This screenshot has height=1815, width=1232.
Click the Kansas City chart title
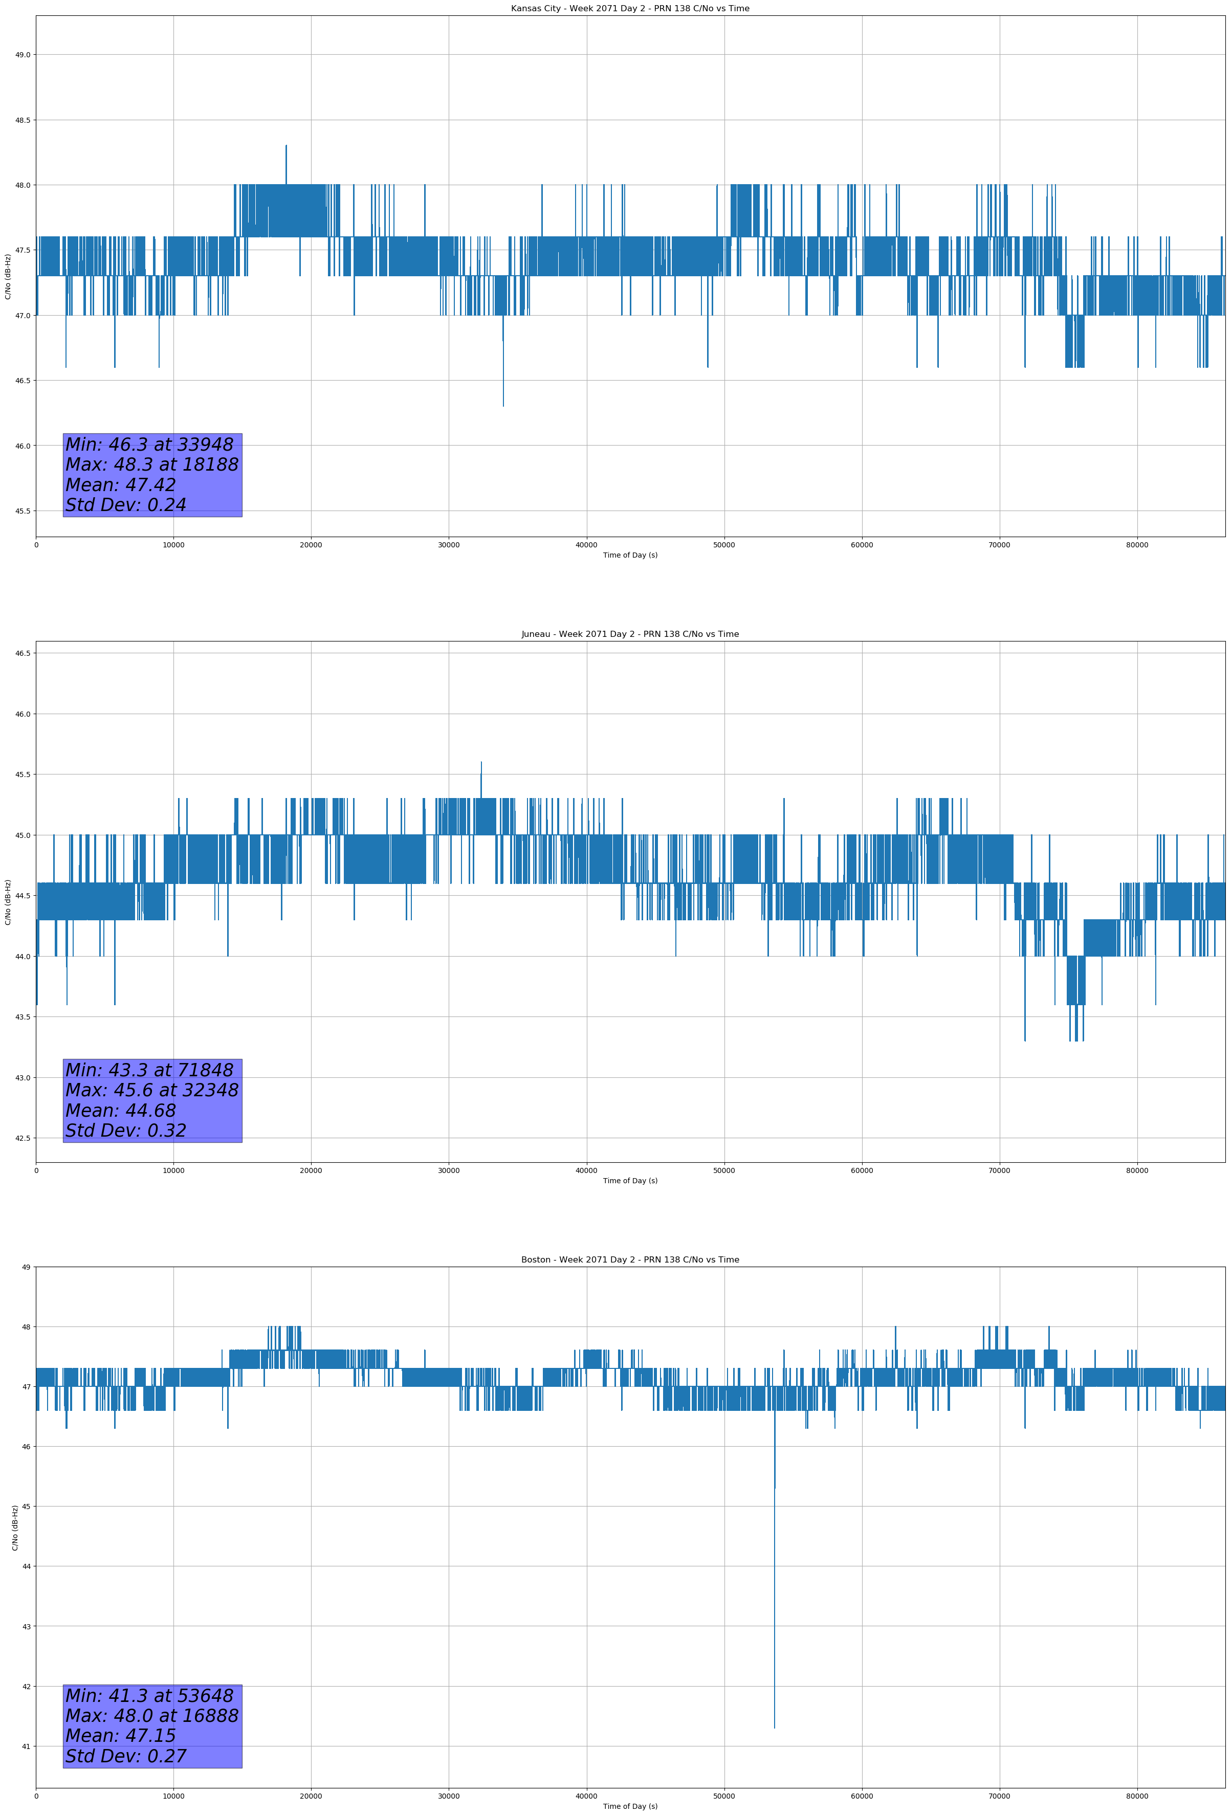pos(630,9)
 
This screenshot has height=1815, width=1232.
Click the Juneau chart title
pos(630,634)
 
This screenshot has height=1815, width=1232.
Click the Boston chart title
pos(630,1260)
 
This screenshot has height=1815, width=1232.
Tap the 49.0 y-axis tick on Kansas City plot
pos(22,55)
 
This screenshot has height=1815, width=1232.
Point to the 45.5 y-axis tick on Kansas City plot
pos(22,511)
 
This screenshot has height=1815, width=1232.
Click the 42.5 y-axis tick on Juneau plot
pos(22,1138)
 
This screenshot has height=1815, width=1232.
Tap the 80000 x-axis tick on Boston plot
pos(1137,1796)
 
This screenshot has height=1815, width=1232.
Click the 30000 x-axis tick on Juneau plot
pos(448,1170)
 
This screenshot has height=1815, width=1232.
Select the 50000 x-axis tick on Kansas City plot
pos(723,545)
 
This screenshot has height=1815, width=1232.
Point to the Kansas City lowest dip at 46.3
pos(503,405)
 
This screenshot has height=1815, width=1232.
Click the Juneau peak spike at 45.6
pos(481,763)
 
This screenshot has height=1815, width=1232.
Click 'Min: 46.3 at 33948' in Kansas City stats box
pos(149,445)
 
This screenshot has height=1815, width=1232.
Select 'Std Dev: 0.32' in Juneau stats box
pos(126,1130)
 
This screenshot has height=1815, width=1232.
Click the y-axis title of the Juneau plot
pos(8,902)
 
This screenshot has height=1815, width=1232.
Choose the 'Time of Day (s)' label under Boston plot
pos(630,1806)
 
